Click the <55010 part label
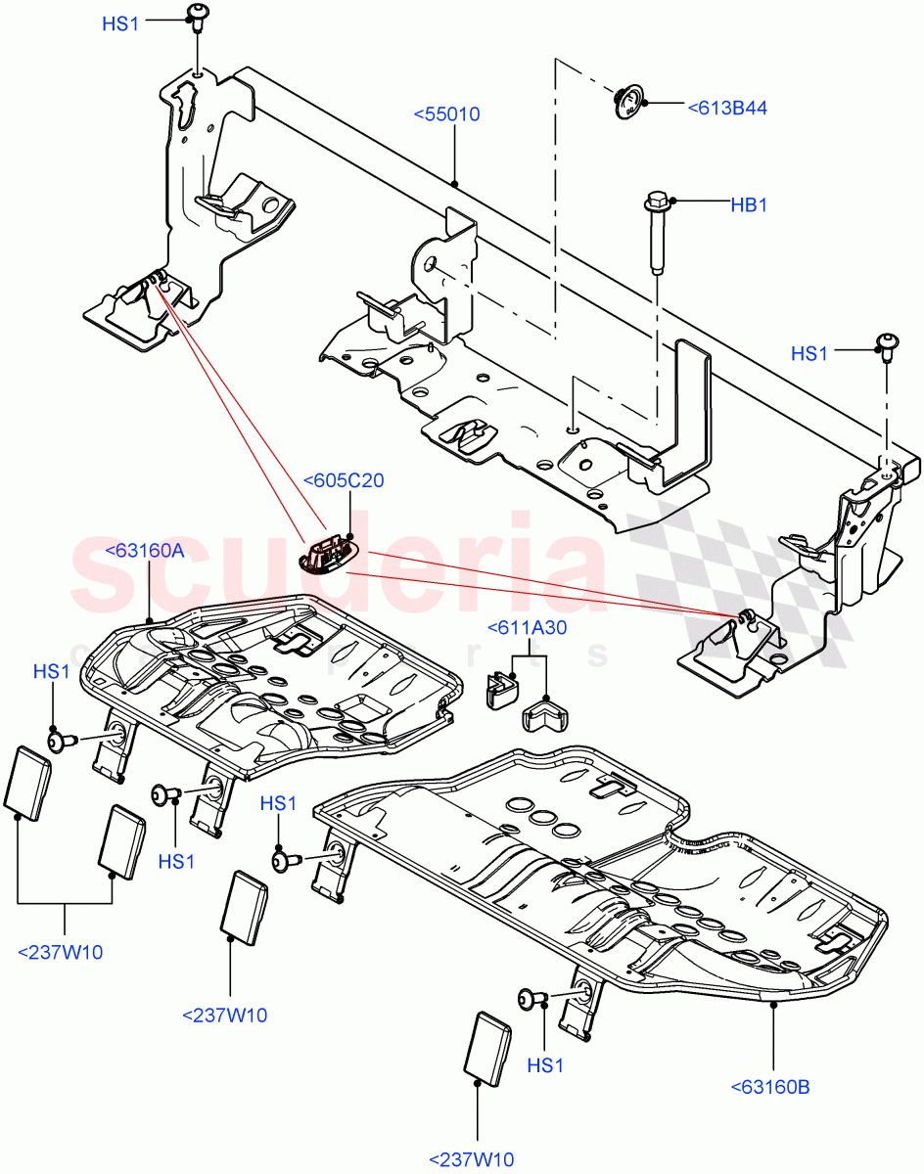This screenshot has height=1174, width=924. click(x=446, y=114)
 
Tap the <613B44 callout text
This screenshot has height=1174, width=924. click(x=727, y=108)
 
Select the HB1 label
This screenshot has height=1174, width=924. click(x=749, y=205)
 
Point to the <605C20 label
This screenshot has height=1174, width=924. click(x=344, y=480)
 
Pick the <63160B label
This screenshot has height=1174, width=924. click(x=769, y=1087)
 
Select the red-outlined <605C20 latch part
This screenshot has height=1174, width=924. click(x=325, y=555)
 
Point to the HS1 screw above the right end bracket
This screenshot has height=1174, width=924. click(x=886, y=345)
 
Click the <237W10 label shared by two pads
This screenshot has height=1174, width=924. click(x=60, y=952)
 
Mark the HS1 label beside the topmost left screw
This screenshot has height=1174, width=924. click(x=120, y=23)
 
